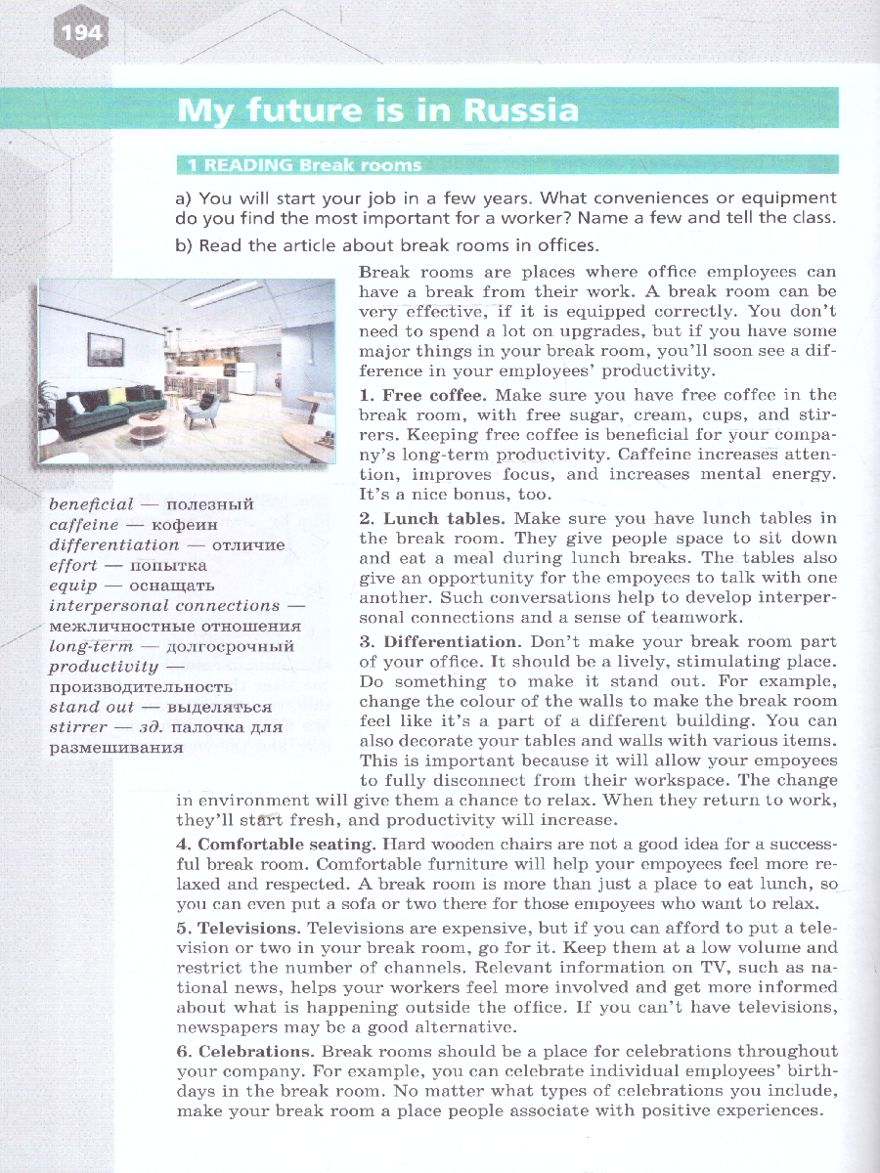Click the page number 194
[x=80, y=34]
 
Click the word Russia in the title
[x=519, y=109]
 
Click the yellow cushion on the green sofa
[x=118, y=395]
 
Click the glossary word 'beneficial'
[x=91, y=504]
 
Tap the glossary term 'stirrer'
[x=77, y=727]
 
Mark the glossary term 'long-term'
[x=90, y=646]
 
